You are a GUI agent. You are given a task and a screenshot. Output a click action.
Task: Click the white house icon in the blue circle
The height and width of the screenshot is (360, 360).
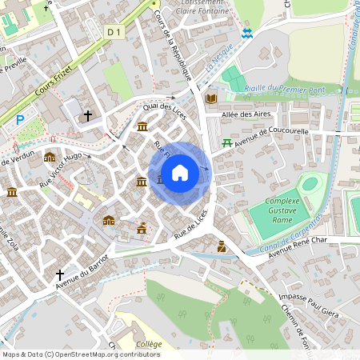pyautogui.click(x=180, y=172)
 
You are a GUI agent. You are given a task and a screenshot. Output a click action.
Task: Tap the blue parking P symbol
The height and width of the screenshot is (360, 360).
pyautogui.click(x=19, y=120)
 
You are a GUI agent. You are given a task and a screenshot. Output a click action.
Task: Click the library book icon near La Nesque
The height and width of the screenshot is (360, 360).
pyautogui.click(x=211, y=98)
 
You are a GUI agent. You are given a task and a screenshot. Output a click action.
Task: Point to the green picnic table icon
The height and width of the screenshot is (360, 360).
pyautogui.click(x=226, y=143)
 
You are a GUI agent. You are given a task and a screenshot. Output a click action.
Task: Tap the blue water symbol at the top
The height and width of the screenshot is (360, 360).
pyautogui.click(x=247, y=33)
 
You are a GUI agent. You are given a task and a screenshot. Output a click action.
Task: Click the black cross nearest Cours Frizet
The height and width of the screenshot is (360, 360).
pyautogui.click(x=88, y=116)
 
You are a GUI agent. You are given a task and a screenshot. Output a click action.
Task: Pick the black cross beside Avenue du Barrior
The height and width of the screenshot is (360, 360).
pyautogui.click(x=59, y=276)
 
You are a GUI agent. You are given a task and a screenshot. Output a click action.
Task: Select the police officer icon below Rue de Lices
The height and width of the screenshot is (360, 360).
pyautogui.click(x=222, y=249)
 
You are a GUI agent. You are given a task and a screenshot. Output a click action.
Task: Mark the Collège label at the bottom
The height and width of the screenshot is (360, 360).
pyautogui.click(x=148, y=344)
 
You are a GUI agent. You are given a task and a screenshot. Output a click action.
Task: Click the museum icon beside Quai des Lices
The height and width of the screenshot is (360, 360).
pyautogui.click(x=142, y=126)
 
